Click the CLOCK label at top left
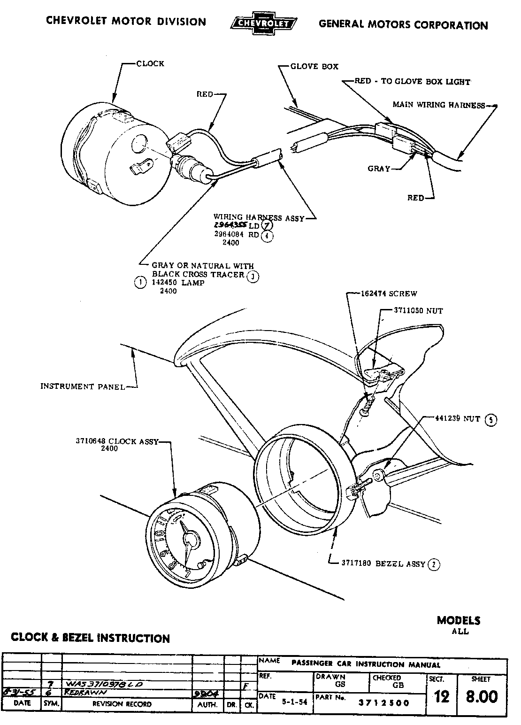tap(150, 64)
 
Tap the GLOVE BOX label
tap(314, 67)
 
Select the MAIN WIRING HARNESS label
tap(438, 105)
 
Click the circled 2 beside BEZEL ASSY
tap(435, 564)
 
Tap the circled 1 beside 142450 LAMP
tap(140, 283)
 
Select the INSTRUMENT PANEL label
tap(83, 386)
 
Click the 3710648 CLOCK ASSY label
tap(117, 441)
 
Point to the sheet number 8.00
tap(482, 696)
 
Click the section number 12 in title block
tap(442, 697)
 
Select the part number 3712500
tap(383, 702)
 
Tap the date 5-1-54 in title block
tap(294, 702)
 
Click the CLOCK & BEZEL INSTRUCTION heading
tap(90, 638)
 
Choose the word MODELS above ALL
tap(459, 620)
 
